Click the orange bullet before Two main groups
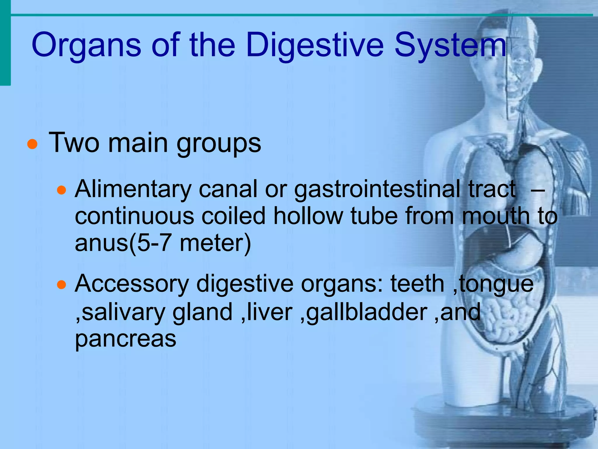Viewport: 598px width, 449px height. [x=32, y=144]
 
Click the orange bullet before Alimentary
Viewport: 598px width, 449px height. [x=62, y=191]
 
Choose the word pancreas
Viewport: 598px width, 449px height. [x=126, y=339]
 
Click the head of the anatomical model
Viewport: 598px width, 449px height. [x=508, y=67]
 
